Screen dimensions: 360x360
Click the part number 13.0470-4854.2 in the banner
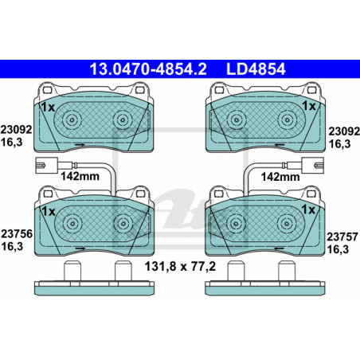click(x=148, y=69)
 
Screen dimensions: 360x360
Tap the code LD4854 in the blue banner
click(x=256, y=69)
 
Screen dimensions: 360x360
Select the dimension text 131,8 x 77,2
click(x=180, y=266)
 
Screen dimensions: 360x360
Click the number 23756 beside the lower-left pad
click(x=17, y=234)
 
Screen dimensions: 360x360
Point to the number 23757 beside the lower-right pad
click(x=342, y=237)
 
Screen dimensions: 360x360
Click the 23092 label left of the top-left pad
click(x=16, y=130)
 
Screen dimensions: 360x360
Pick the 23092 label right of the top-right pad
click(x=344, y=131)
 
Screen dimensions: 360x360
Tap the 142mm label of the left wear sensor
click(x=80, y=176)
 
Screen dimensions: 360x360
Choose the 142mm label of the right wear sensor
click(x=280, y=177)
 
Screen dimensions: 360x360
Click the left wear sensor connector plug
click(x=46, y=166)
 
